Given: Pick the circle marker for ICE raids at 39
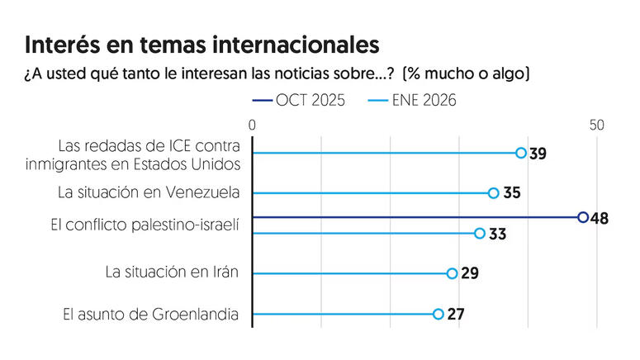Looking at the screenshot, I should click(x=521, y=153).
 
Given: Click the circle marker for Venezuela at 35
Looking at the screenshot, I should click(x=493, y=193).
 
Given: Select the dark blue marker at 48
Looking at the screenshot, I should click(x=583, y=217).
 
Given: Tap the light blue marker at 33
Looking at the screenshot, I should click(x=480, y=234).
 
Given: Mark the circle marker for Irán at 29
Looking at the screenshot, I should click(x=452, y=273).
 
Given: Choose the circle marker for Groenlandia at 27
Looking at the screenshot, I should click(x=439, y=314).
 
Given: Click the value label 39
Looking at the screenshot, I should click(x=538, y=154).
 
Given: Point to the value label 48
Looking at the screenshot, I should click(x=600, y=218).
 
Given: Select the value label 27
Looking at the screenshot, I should click(x=455, y=315).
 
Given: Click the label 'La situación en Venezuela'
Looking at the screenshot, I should click(x=149, y=193).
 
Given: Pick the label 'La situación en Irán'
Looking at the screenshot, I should click(x=173, y=272).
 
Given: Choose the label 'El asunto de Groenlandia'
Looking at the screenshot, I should click(x=151, y=314).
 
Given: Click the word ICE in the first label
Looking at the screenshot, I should click(x=171, y=146).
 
